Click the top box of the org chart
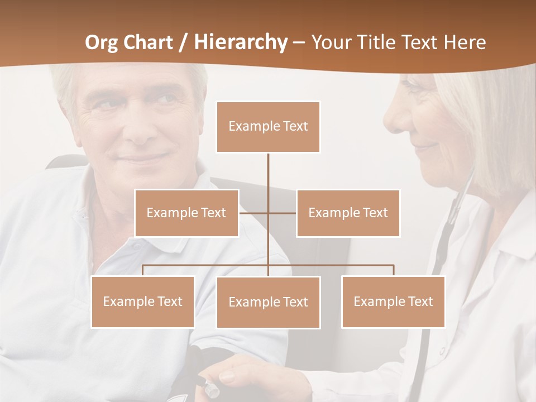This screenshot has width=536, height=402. (x=268, y=127)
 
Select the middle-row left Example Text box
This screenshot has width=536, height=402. (x=186, y=213)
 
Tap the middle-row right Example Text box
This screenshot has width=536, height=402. (x=348, y=213)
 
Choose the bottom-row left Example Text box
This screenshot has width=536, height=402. (x=143, y=301)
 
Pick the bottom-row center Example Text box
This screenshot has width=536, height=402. (x=268, y=302)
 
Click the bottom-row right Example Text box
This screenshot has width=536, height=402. (x=393, y=301)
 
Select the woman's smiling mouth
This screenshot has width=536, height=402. (x=425, y=146)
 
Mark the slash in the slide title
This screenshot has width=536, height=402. (x=183, y=42)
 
